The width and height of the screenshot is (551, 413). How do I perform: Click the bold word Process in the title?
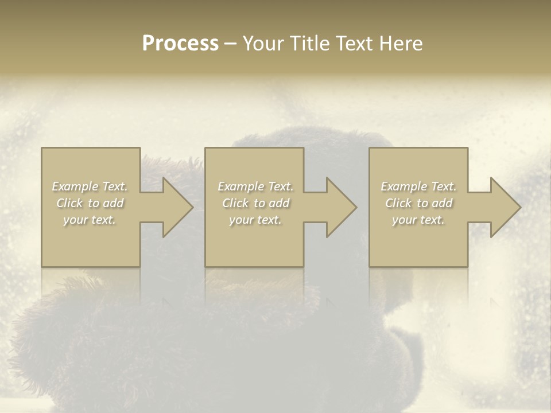[x=180, y=44]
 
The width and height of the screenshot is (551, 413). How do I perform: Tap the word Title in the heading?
[x=312, y=44]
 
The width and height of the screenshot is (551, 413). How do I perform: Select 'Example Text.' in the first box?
[x=90, y=186]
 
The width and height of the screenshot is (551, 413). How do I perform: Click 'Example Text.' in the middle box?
[x=255, y=186]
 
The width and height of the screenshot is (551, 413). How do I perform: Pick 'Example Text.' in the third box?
[x=418, y=186]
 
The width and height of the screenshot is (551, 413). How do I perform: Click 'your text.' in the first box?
[x=90, y=220]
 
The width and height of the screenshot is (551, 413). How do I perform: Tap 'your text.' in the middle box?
[x=255, y=220]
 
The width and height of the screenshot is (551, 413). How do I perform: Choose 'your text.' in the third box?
[x=418, y=220]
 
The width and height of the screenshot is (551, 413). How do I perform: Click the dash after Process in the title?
[x=231, y=44]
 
